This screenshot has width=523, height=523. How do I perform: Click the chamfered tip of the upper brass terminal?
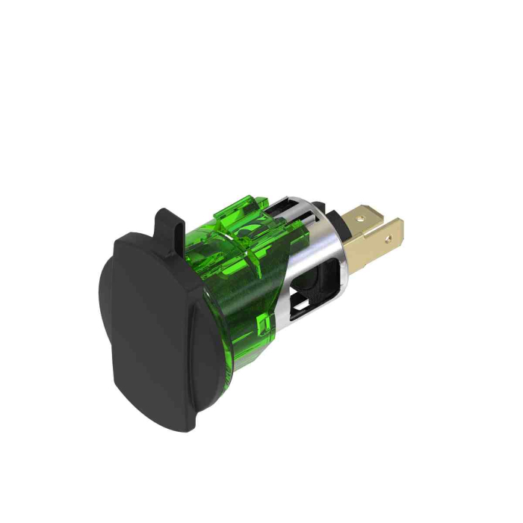click(x=377, y=210)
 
